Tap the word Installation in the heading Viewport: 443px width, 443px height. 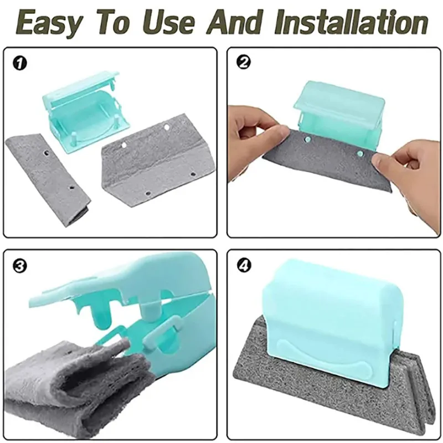pyautogui.click(x=351, y=22)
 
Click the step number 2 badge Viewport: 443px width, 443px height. pyautogui.click(x=244, y=63)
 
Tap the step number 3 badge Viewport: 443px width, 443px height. pyautogui.click(x=20, y=266)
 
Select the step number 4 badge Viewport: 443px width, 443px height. pyautogui.click(x=244, y=265)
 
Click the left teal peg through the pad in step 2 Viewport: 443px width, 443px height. pyautogui.click(x=308, y=139)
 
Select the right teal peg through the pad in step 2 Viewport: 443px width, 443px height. pyautogui.click(x=360, y=153)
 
